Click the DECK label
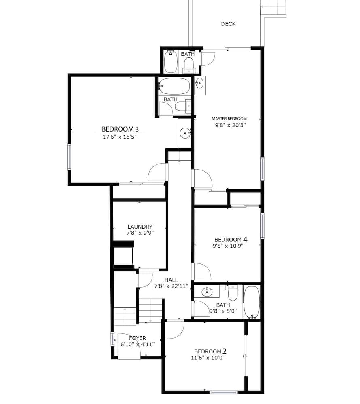(x=228, y=24)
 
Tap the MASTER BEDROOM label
(x=229, y=118)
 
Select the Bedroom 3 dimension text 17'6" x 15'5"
(x=120, y=137)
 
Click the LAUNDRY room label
(x=140, y=227)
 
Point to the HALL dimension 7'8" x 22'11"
(x=171, y=286)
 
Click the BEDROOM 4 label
(x=231, y=240)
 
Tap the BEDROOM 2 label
(x=210, y=351)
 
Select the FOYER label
(x=138, y=338)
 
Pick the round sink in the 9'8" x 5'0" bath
(x=207, y=292)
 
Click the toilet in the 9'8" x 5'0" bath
(x=233, y=293)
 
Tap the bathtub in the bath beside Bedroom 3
(x=174, y=86)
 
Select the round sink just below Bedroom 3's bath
(x=185, y=133)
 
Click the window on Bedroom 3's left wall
(x=69, y=157)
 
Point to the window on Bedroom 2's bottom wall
(x=224, y=392)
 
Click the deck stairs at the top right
(x=273, y=8)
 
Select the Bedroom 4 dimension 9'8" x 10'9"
(x=228, y=246)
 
